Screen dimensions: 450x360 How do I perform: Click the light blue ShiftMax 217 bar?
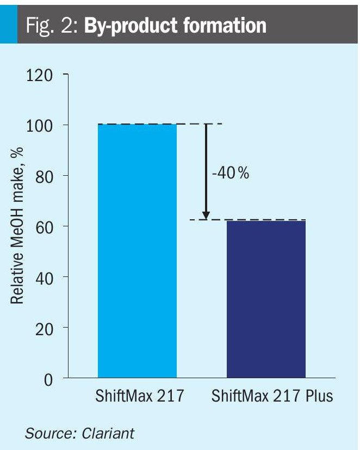pos(137,250)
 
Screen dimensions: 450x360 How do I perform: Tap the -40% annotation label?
pos(230,173)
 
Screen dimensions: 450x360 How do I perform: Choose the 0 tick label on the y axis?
pos(48,378)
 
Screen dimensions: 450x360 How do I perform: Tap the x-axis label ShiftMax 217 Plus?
pos(272,396)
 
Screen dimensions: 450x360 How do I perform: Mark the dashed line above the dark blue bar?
pos(256,220)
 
